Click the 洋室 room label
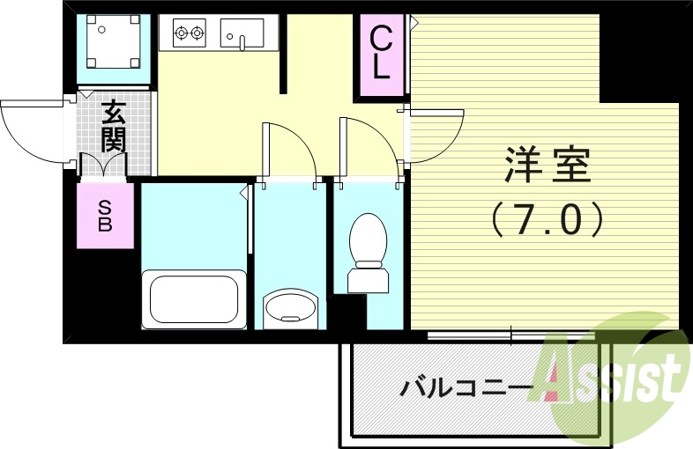(548, 165)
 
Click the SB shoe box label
(104, 215)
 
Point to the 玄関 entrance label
(113, 125)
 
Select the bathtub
(195, 299)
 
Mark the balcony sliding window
(511, 335)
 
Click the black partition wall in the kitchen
(283, 53)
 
